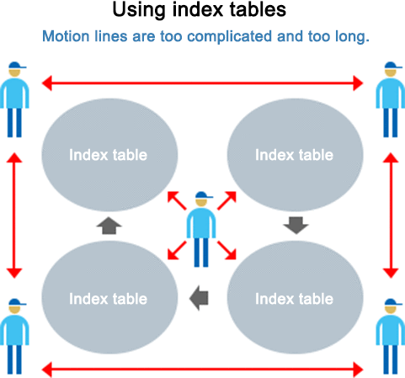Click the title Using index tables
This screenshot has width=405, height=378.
coord(199,10)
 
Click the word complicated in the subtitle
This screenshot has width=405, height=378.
coord(229,36)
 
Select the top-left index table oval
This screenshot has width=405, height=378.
coord(109,155)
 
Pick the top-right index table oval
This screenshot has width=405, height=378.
coord(295,155)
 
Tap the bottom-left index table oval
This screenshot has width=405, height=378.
coord(109,297)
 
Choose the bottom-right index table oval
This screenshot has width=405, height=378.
coord(295,297)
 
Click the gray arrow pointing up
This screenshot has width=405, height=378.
coord(109,226)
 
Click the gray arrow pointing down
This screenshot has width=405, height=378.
coord(296,226)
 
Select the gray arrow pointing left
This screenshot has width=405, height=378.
coord(199,298)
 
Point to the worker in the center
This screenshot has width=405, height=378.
coord(201,229)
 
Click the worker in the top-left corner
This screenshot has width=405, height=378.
coord(14,99)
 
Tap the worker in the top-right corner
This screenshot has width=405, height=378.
coord(391,99)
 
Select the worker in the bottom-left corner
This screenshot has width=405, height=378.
coord(14,336)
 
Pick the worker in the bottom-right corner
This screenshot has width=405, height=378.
coord(391,336)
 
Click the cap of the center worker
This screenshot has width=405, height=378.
coord(204,195)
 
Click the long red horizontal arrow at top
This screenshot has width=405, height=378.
coord(202,83)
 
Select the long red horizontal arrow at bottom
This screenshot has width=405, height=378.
coord(202,370)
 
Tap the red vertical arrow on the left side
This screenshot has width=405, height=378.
coord(14,216)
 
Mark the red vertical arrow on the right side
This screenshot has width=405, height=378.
coord(391,216)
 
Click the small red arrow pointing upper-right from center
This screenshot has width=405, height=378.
coord(226,200)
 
